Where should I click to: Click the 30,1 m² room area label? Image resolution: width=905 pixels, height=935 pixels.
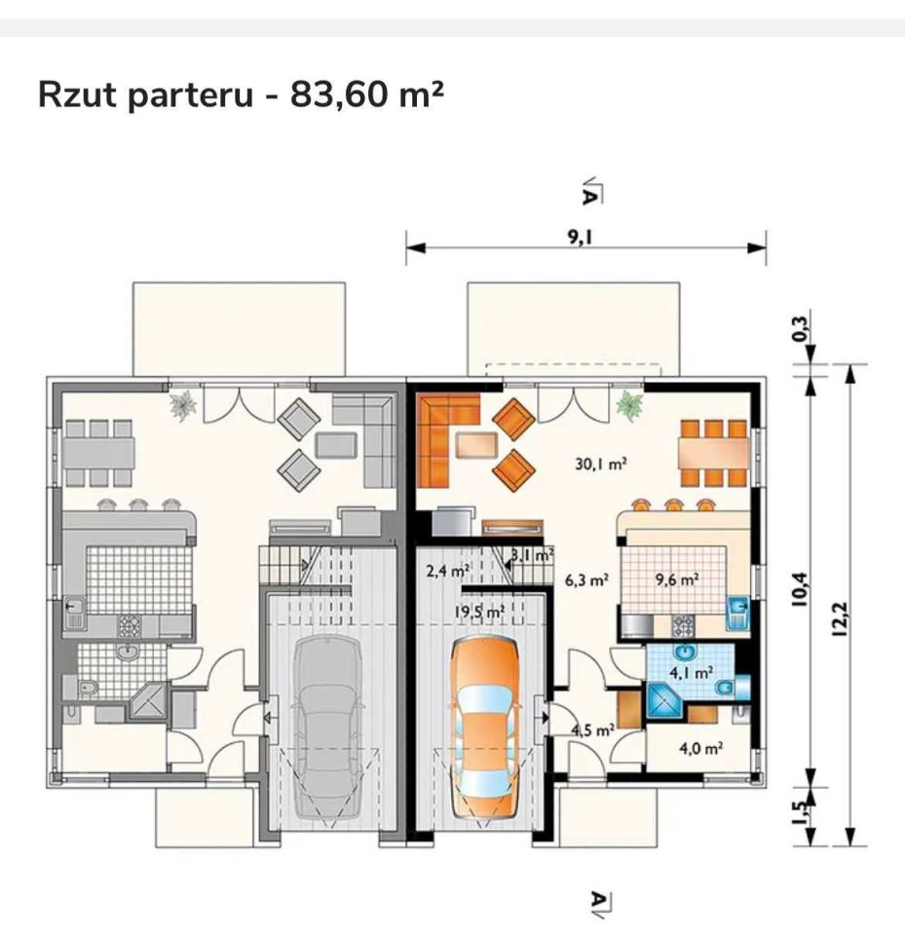601,463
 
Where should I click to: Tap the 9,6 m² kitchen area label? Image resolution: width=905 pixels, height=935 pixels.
677,579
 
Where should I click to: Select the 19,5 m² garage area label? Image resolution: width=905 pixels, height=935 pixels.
479,612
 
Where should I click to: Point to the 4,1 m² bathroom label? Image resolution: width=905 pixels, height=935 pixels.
691,673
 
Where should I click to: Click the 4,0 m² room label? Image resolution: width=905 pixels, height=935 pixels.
701,748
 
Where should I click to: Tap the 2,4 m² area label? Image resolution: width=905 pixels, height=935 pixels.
447,571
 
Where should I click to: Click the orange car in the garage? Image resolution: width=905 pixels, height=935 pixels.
485,728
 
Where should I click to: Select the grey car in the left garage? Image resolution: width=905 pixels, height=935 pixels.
328,728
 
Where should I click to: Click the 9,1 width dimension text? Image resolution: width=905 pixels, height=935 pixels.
580,238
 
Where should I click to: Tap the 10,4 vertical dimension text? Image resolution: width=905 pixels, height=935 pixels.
800,589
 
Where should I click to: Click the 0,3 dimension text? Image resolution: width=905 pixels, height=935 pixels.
801,328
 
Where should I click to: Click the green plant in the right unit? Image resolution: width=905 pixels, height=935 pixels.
629,405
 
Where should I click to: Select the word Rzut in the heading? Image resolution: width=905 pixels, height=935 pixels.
78,94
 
